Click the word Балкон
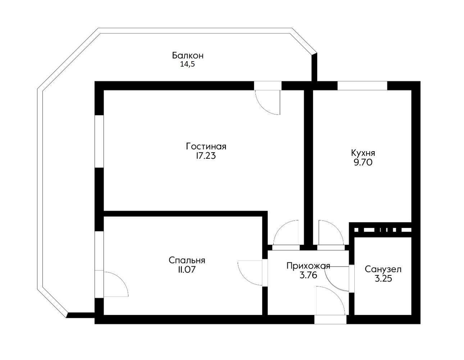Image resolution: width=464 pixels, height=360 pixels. pyautogui.click(x=188, y=55)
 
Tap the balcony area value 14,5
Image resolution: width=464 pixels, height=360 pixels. pyautogui.click(x=187, y=64)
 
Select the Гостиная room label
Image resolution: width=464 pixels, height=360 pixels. pyautogui.click(x=206, y=147)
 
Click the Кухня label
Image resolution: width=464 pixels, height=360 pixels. pyautogui.click(x=363, y=154)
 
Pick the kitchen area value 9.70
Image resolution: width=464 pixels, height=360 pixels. pyautogui.click(x=363, y=163)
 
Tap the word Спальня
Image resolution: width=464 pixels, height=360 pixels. pyautogui.click(x=187, y=261)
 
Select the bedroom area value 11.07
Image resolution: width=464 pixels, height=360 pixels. pyautogui.click(x=187, y=270)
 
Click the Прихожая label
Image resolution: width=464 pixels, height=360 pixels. pyautogui.click(x=308, y=266)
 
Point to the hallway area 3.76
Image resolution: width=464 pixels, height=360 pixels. pyautogui.click(x=308, y=275)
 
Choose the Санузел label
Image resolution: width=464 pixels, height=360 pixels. pyautogui.click(x=383, y=269)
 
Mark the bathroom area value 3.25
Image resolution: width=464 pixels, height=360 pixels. pyautogui.click(x=383, y=279)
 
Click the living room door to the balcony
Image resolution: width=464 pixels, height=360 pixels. pyautogui.click(x=268, y=98)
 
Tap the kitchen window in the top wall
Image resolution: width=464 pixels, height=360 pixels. pyautogui.click(x=362, y=86)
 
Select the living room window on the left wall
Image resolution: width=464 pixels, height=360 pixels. pyautogui.click(x=99, y=141)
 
